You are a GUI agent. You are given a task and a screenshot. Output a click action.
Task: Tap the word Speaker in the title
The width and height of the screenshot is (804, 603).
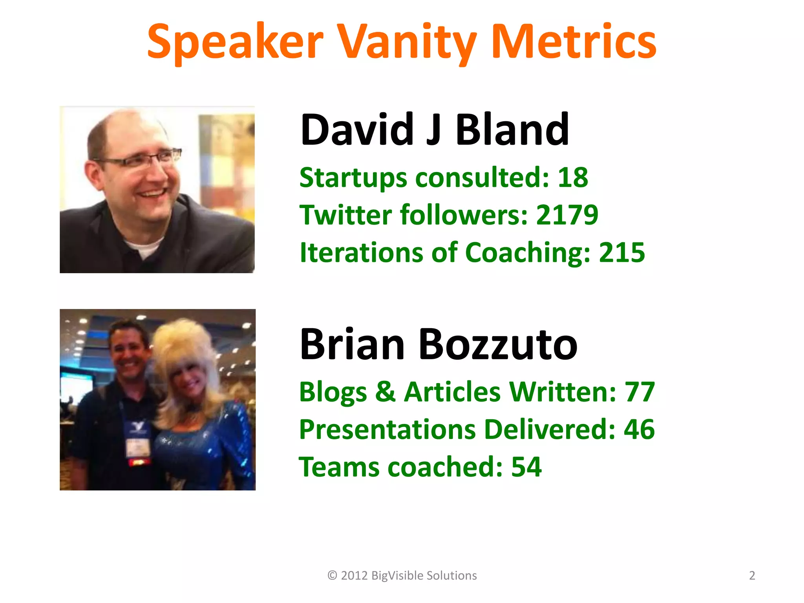235,42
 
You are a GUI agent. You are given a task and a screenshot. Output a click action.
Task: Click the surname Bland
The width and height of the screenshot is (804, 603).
512,129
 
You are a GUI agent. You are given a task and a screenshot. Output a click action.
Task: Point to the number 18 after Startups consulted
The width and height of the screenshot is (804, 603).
573,177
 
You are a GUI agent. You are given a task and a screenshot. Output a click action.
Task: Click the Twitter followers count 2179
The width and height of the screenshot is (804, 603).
567,215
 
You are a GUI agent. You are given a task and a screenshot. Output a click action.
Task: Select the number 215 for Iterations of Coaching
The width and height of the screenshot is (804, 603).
622,252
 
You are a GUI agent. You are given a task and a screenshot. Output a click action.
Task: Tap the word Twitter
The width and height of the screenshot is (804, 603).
345,215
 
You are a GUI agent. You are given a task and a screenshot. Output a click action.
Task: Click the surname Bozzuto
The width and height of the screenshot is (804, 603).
498,344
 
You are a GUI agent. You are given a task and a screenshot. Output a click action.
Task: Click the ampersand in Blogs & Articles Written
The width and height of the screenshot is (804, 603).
385,392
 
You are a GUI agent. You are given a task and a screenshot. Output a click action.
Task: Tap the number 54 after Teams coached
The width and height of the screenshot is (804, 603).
526,467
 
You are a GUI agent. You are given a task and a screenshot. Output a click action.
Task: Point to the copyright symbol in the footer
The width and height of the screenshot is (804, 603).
332,576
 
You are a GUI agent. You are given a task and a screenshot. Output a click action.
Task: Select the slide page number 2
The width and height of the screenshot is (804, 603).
752,576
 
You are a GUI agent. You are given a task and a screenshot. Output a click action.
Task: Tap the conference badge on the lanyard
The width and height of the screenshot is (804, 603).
138,446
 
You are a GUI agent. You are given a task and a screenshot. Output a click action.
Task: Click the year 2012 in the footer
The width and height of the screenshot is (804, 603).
354,576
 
